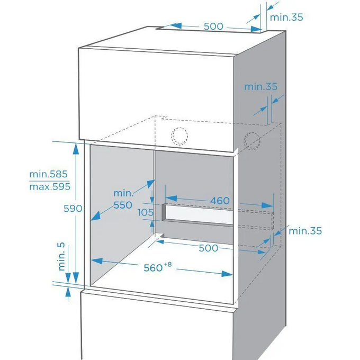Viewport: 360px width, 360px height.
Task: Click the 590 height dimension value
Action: (73, 209)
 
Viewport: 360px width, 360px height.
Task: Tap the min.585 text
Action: (49, 174)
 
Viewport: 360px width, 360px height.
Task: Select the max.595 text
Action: (50, 186)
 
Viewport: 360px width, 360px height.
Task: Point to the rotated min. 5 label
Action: (61, 256)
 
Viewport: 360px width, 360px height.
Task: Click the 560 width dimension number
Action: (153, 268)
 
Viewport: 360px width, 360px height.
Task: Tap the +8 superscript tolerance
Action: (168, 265)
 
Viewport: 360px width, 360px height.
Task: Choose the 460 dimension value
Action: (220, 201)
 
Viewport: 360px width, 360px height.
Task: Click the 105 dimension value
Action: (146, 212)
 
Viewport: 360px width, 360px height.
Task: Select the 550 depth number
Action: (123, 205)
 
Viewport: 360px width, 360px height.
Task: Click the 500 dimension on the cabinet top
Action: (213, 26)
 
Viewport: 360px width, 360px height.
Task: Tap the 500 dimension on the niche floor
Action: (208, 248)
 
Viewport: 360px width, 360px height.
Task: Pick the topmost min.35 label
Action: (286, 17)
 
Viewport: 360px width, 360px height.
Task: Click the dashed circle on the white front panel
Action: (179, 136)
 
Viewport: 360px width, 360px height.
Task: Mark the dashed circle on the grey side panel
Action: (252, 141)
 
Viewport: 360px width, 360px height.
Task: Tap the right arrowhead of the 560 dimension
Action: (227, 274)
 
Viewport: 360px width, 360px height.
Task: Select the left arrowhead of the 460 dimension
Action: (172, 199)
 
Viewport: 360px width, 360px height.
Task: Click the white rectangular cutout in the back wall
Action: (199, 214)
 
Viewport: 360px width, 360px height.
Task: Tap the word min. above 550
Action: (123, 193)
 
